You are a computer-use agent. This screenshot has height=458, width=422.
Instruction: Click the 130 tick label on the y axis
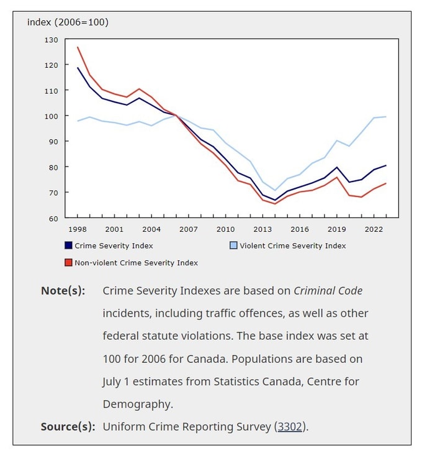[51, 40]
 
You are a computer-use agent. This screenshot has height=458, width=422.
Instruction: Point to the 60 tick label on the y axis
[53, 219]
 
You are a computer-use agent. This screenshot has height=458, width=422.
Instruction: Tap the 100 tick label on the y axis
[51, 116]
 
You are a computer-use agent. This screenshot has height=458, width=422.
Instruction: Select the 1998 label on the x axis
[78, 229]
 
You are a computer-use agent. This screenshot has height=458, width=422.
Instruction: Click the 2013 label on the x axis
[263, 229]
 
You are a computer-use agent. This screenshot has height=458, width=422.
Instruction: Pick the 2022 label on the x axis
[374, 229]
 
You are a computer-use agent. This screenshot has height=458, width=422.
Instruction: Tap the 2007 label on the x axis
[189, 229]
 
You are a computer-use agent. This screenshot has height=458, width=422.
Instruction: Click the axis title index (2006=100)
[68, 22]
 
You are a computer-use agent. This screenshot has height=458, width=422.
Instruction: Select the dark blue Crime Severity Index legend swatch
[68, 245]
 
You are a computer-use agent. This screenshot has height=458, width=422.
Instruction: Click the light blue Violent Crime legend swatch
[233, 245]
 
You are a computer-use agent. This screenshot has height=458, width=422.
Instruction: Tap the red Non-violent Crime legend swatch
[68, 262]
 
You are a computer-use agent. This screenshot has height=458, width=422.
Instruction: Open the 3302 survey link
[290, 426]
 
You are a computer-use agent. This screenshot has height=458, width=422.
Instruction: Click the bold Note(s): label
[63, 291]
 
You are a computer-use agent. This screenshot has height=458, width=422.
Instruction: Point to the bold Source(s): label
[68, 427]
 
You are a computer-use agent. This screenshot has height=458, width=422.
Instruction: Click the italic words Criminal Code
[328, 291]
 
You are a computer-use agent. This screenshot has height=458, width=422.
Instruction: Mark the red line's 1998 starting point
[78, 47]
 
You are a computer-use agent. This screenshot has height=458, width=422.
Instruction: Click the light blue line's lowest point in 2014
[275, 190]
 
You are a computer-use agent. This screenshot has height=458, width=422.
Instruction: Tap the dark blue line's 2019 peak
[337, 167]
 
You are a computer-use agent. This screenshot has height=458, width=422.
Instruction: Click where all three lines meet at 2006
[176, 116]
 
